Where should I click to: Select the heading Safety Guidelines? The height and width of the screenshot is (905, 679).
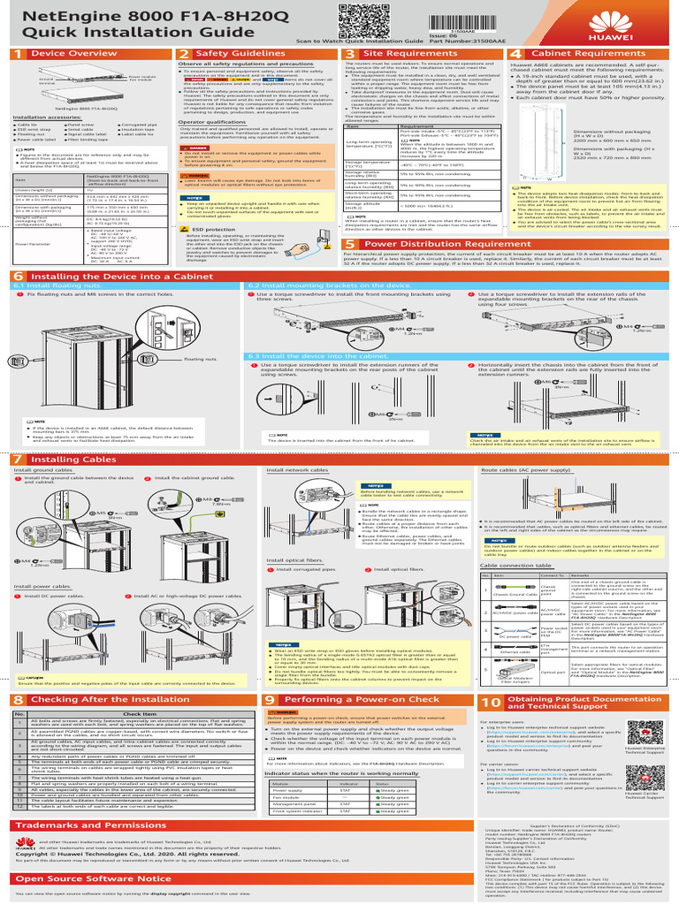pos(230,55)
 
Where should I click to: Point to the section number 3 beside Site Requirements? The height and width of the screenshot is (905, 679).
pos(349,55)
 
